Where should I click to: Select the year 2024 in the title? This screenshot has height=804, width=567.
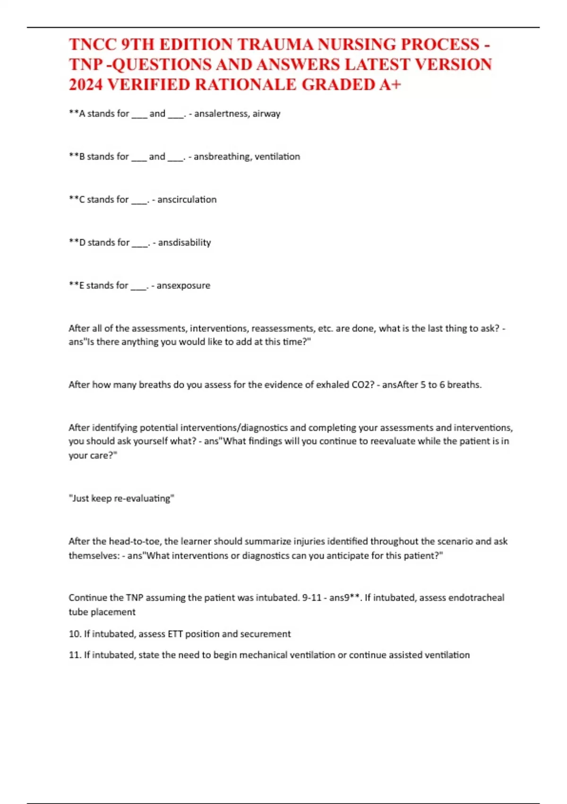coord(86,85)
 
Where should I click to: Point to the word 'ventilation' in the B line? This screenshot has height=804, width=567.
coord(277,157)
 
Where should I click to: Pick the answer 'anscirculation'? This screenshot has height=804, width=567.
coord(187,200)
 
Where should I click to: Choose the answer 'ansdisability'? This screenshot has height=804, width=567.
coord(184,243)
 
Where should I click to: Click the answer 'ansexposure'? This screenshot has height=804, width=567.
coord(183,286)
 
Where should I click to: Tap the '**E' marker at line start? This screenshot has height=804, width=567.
coord(76,286)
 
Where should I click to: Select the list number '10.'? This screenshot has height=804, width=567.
coord(75,634)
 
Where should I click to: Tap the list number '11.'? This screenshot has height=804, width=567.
coord(75,655)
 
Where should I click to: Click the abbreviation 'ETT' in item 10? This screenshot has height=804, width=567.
coord(175,634)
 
